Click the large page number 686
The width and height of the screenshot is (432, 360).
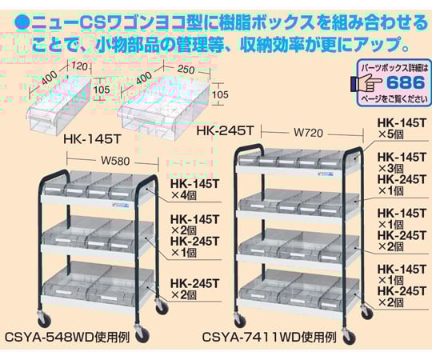pyautogui.click(x=406, y=82)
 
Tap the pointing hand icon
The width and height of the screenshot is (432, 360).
pyautogui.click(x=366, y=83)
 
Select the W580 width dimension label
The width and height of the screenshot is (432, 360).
pyautogui.click(x=115, y=160)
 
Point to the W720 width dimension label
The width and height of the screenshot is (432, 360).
pyautogui.click(x=308, y=133)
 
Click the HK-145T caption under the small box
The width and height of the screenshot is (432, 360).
pyautogui.click(x=92, y=139)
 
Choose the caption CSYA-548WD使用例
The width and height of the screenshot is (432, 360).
pyautogui.click(x=67, y=337)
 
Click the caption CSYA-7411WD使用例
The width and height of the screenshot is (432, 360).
pyautogui.click(x=269, y=337)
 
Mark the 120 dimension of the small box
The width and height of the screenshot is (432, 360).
pyautogui.click(x=79, y=66)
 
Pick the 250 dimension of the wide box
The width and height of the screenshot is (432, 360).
pyautogui.click(x=186, y=69)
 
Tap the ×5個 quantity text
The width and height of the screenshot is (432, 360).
pyautogui.click(x=390, y=134)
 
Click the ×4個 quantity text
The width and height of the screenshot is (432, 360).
pyautogui.click(x=184, y=195)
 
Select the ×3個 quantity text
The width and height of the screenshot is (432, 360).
pyautogui.click(x=390, y=168)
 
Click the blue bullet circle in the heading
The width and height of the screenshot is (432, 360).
pyautogui.click(x=22, y=23)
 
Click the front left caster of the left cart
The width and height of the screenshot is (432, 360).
pyautogui.click(x=43, y=320)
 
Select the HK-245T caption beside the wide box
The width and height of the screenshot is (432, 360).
pyautogui.click(x=224, y=130)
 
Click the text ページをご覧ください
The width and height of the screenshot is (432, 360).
pyautogui.click(x=394, y=99)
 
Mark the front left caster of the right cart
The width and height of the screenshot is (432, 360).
pyautogui.click(x=239, y=319)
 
